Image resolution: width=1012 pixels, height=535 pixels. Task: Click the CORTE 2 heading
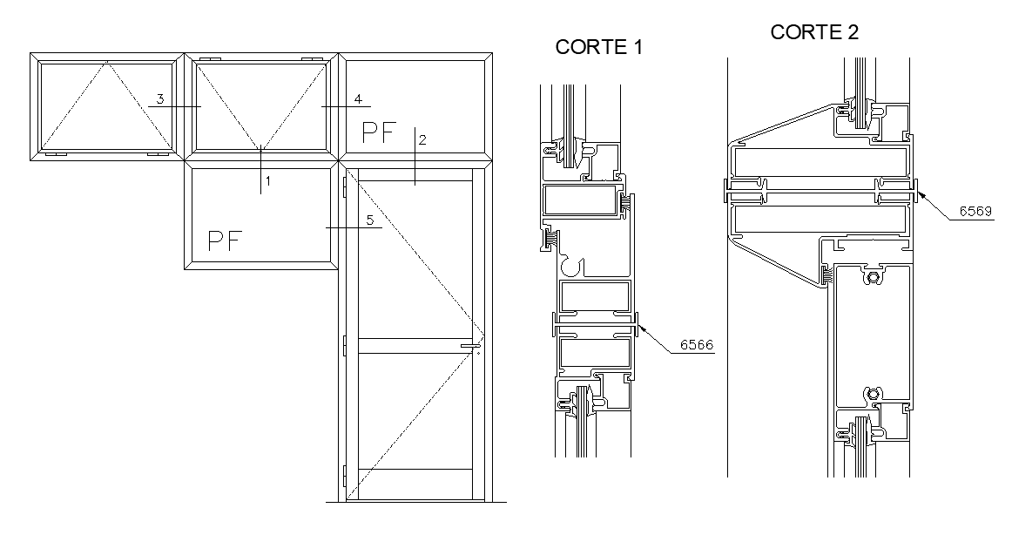pos(814,33)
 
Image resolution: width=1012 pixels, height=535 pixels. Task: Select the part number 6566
pos(697,345)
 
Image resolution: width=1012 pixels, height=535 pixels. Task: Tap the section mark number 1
pos(268,181)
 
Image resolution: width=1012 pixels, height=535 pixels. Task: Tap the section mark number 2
pos(422,139)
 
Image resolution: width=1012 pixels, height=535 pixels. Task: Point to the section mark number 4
pos(356,98)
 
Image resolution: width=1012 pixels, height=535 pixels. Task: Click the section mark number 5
pos(370,220)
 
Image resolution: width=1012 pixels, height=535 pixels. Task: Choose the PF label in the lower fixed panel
pos(225,241)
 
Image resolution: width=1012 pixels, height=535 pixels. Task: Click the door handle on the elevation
pos(470,347)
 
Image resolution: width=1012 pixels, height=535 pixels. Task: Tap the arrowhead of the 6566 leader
pos(641,328)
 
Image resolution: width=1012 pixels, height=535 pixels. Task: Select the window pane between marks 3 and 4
pos(260,105)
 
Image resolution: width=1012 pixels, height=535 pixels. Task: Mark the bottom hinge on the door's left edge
pos(345,477)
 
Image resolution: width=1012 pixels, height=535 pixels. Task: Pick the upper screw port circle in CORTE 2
pos(874,278)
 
